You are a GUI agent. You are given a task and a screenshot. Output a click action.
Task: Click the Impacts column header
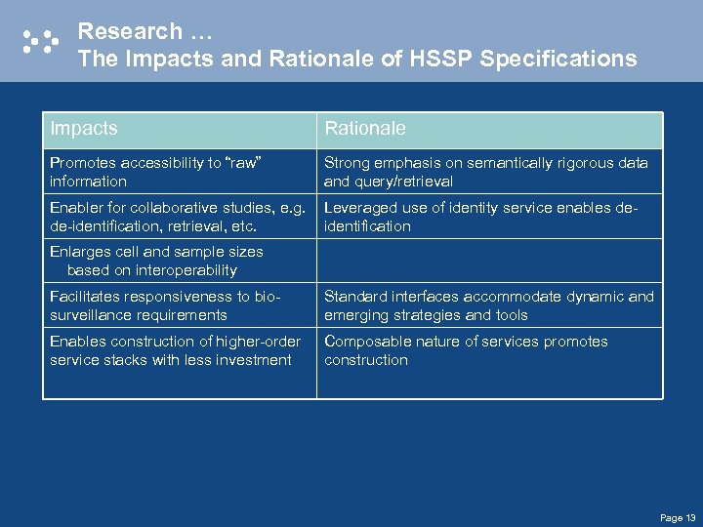83,129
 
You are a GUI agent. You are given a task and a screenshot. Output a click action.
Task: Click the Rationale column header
364,129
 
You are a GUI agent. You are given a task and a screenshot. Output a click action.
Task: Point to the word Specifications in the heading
558,60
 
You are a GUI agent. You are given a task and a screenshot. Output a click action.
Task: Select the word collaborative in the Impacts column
171,208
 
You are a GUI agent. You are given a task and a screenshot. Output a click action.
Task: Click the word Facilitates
84,297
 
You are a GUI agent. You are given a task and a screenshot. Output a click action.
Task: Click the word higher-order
273,342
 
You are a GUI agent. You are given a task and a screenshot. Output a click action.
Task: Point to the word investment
256,360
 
